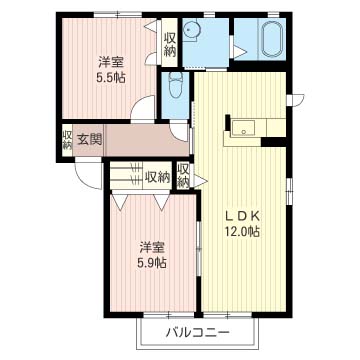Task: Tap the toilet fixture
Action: [175, 86]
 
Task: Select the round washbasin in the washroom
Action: [191, 29]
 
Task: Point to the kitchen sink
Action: [244, 128]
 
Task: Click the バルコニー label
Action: [198, 332]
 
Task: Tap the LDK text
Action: [242, 217]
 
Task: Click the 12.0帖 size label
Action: [242, 231]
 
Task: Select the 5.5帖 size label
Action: [111, 77]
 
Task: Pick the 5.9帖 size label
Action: [152, 263]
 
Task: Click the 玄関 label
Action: [90, 139]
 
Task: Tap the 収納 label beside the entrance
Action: [67, 140]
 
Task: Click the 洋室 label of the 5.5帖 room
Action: [111, 62]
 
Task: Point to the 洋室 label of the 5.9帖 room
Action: [152, 248]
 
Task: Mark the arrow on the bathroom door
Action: [240, 52]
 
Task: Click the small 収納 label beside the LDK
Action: [183, 175]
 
